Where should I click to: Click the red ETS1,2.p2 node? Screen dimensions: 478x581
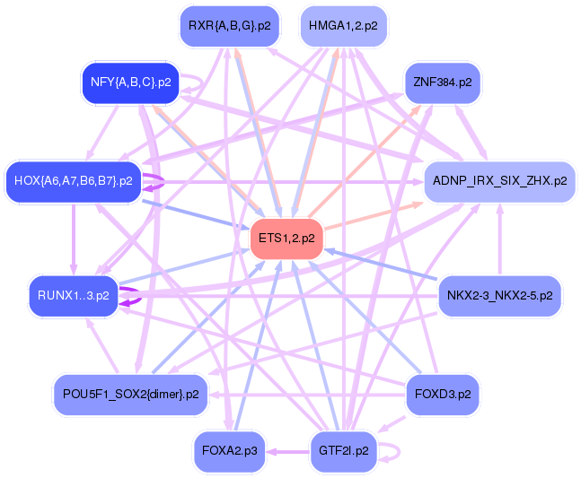pos(286,239)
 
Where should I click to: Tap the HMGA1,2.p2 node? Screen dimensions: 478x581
pos(342,26)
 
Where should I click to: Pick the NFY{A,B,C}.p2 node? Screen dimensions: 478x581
pos(131,83)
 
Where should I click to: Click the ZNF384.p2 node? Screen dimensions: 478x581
pos(443,83)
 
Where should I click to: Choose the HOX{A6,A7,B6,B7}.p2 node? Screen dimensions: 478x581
pos(74,181)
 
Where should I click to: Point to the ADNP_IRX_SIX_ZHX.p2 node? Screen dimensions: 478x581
pos(499,181)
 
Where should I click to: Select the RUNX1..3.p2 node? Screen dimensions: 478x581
pos(74,295)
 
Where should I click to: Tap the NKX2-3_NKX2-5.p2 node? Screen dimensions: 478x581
pos(499,295)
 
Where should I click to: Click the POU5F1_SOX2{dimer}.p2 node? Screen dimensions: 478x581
pos(131,394)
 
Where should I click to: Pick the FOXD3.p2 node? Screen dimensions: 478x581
pos(443,394)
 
